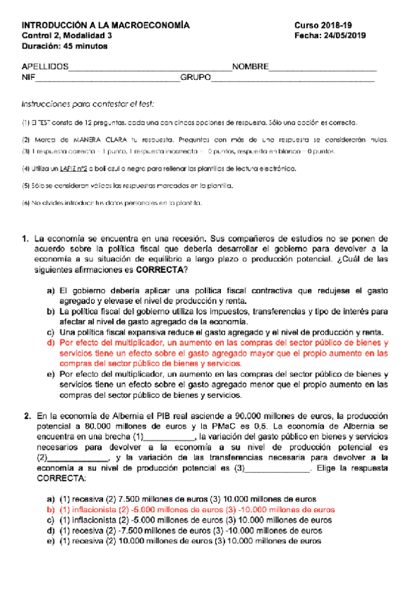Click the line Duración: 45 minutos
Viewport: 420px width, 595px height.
(x=65, y=46)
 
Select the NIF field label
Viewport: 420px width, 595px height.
(x=30, y=77)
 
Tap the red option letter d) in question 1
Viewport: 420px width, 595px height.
(x=50, y=343)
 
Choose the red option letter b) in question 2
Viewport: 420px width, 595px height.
(x=50, y=510)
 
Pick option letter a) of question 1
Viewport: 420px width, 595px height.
(x=50, y=290)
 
